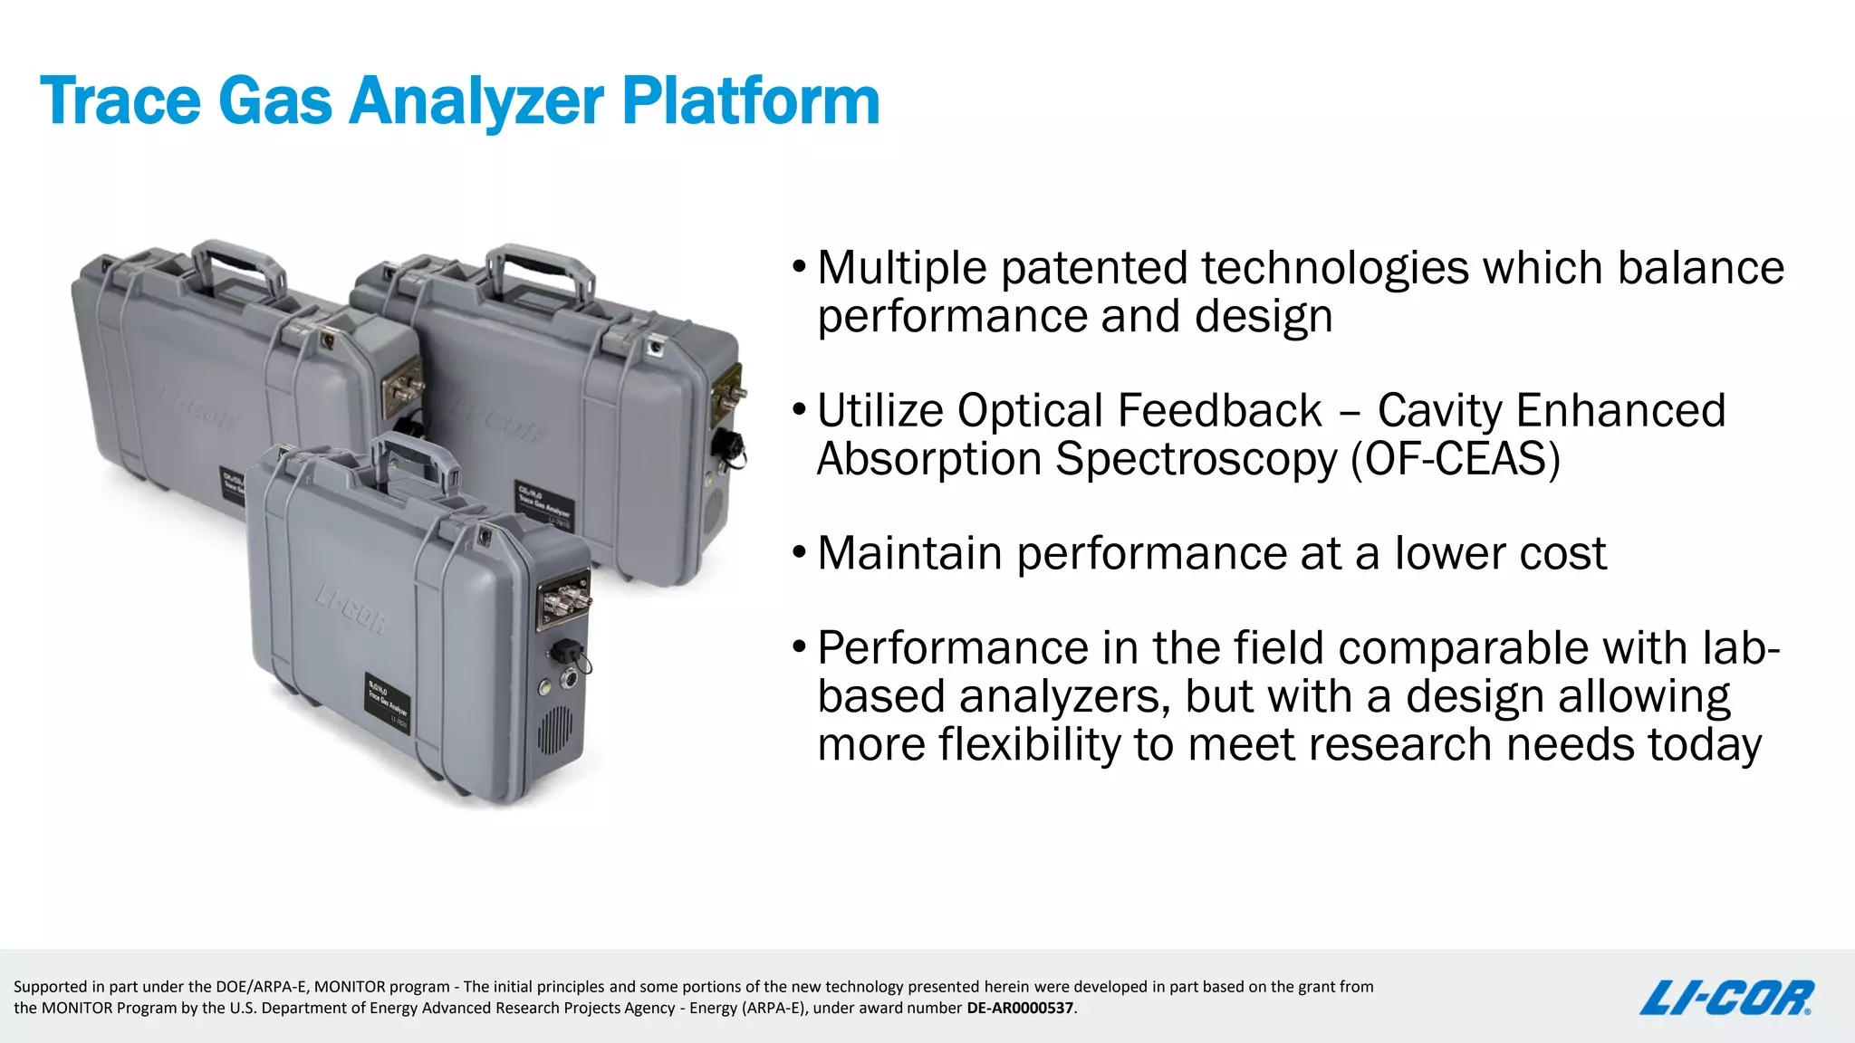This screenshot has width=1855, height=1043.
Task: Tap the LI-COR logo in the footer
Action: [x=1726, y=998]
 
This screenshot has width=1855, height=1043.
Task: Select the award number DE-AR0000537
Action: [x=1019, y=1008]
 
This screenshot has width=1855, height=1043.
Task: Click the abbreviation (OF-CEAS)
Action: [x=1456, y=458]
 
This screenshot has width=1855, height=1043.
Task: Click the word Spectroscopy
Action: [x=1196, y=458]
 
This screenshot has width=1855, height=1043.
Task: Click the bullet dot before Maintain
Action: [x=798, y=551]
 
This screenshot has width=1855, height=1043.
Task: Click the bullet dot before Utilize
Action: [x=798, y=409]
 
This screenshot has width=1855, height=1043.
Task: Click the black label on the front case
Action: [x=387, y=703]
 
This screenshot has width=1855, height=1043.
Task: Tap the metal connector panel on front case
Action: [x=563, y=598]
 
